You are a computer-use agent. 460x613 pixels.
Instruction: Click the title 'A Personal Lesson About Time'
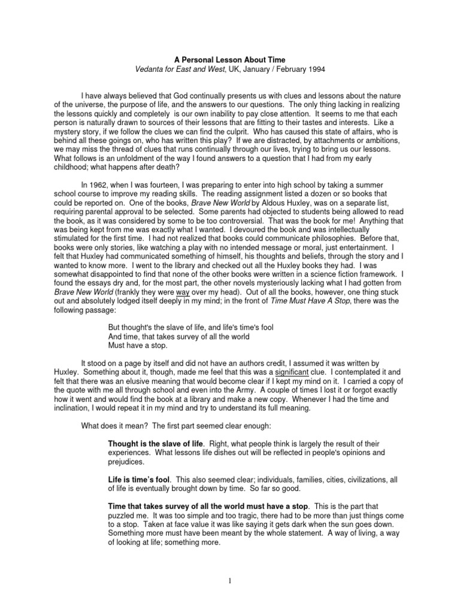coord(230,60)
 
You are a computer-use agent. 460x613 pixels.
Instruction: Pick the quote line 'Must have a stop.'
coord(138,345)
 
